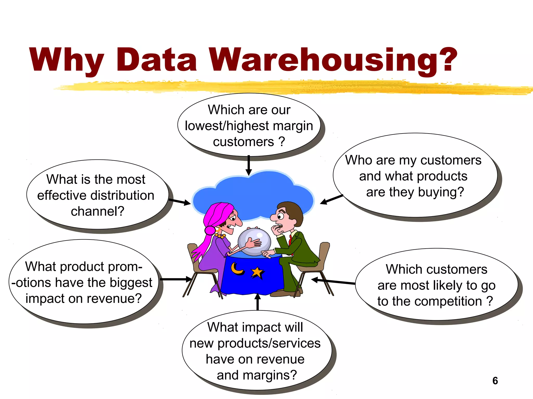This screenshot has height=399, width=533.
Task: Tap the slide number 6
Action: (x=495, y=381)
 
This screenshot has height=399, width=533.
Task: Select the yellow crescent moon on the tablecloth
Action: (x=237, y=269)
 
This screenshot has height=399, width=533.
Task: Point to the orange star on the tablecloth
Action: (x=257, y=273)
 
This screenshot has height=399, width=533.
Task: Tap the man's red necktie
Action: (x=290, y=240)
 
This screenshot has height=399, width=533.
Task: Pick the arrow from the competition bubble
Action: (x=333, y=281)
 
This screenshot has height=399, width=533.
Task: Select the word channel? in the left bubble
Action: (x=97, y=211)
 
